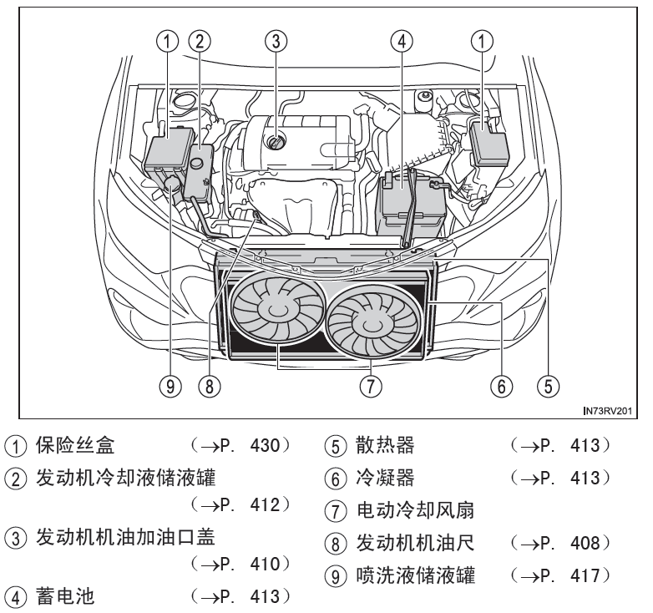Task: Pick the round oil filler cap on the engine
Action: coord(275,143)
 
